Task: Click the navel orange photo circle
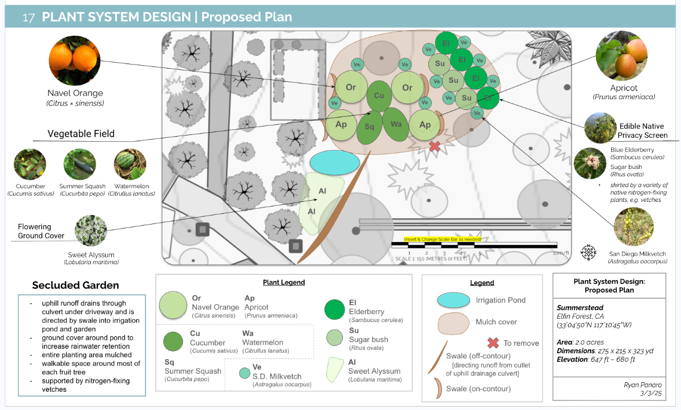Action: (x=75, y=59)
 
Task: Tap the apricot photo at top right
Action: (x=622, y=56)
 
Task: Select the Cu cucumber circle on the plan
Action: (x=379, y=96)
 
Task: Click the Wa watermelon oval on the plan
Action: (x=396, y=124)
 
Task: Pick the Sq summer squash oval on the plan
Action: (x=369, y=128)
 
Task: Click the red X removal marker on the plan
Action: (x=435, y=146)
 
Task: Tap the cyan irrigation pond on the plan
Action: (x=335, y=163)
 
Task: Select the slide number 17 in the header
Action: (x=29, y=17)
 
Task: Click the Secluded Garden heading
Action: (x=75, y=285)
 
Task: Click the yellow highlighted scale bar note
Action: (x=443, y=239)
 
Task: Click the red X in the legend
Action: (x=493, y=343)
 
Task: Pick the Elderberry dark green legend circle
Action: (x=335, y=310)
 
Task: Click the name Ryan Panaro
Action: (x=639, y=385)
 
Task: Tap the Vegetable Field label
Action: (x=81, y=134)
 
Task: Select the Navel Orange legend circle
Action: (x=173, y=305)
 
